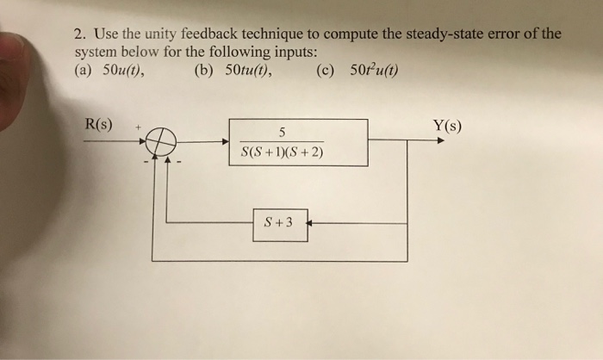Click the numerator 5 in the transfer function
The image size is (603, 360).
282,132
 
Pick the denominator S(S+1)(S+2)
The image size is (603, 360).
282,154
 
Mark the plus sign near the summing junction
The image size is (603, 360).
135,127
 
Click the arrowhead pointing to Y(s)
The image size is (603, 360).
440,140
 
